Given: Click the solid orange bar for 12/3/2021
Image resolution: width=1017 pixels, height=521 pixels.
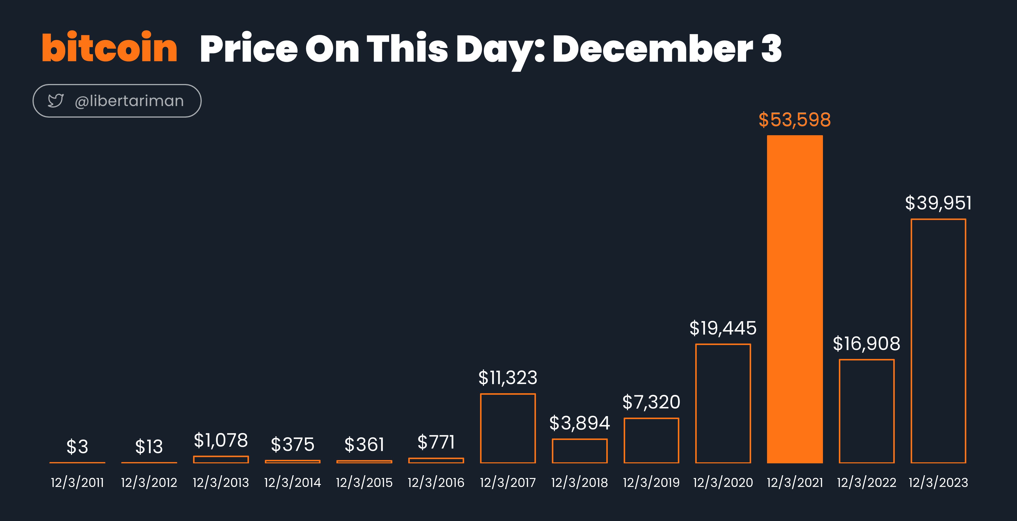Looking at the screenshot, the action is (795, 299).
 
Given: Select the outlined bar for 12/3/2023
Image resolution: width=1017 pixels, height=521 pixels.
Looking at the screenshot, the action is (912, 341).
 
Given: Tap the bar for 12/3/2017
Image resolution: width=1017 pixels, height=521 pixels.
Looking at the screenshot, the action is (481, 428).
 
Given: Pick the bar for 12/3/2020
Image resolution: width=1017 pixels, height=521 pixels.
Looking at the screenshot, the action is (696, 403).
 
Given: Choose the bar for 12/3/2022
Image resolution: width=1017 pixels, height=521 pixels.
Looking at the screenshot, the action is (840, 411).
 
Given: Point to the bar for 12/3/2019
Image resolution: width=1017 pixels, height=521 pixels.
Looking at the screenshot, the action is (625, 440).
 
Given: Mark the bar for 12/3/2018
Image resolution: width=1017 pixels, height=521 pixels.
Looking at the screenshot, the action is (553, 451).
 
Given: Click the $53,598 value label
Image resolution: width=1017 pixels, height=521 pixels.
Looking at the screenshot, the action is (795, 120).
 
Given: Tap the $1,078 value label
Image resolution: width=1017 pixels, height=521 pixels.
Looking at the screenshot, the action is (221, 440).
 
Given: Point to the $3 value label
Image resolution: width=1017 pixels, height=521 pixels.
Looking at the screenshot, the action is (77, 447).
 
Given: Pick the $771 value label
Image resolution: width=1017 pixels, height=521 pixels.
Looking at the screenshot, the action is (436, 442).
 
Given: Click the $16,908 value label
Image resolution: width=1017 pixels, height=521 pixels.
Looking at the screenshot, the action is (867, 344).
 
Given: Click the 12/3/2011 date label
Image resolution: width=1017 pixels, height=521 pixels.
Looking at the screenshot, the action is (77, 483).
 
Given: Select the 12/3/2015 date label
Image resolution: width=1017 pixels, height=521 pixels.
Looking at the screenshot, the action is (364, 483).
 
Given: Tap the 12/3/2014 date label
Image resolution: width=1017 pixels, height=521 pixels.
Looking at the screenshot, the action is (292, 483).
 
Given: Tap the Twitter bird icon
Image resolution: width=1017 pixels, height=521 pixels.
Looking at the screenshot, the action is (56, 101).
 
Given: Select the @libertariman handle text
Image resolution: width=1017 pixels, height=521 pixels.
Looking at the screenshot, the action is (129, 101).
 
